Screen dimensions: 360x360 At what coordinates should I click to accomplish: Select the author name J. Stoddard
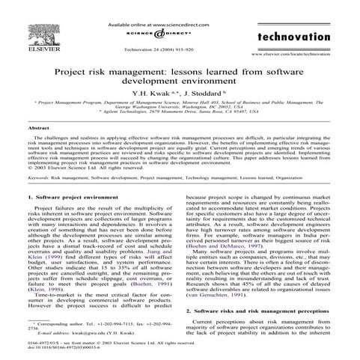(x=196, y=95)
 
